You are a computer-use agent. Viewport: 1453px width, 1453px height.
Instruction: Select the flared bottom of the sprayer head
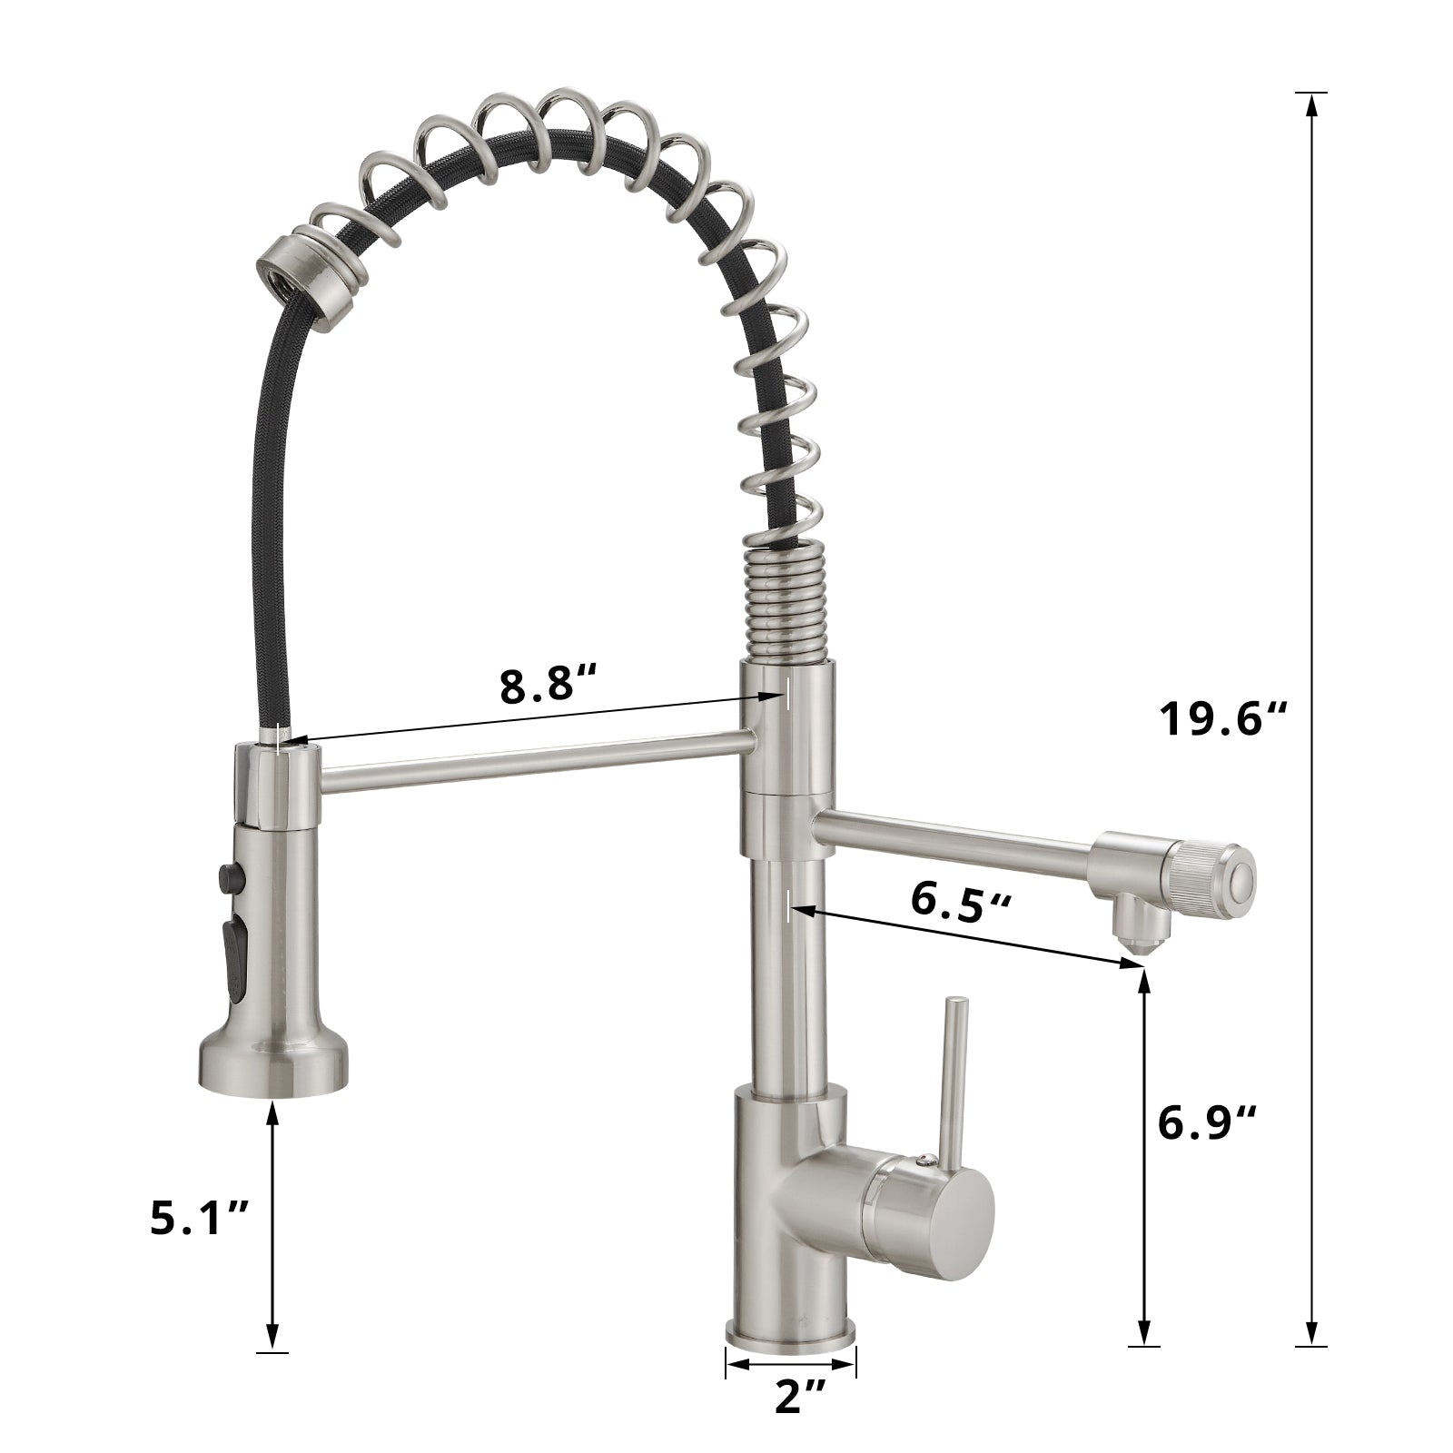273,1063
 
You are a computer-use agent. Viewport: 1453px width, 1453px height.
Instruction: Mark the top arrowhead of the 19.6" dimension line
1310,102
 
